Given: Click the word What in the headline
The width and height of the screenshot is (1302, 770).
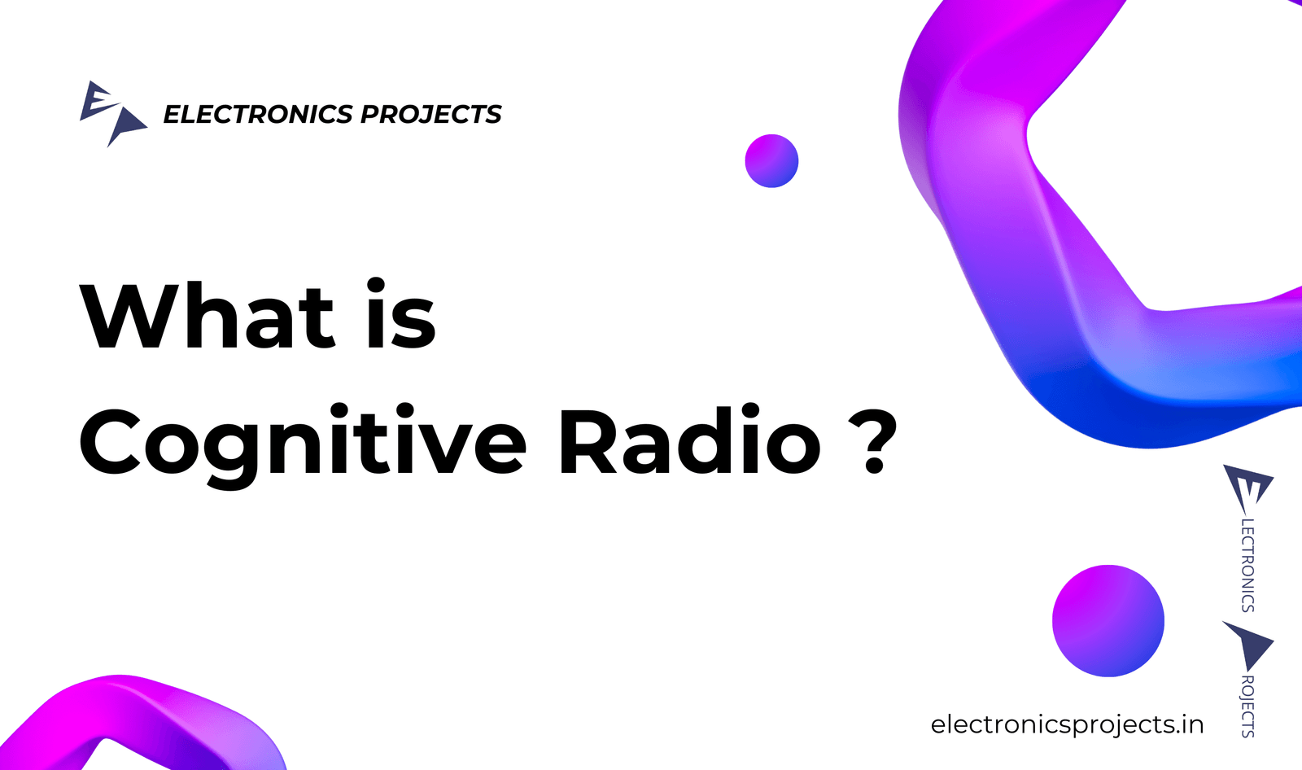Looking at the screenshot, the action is coord(207,315).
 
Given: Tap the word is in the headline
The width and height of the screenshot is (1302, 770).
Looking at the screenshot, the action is coord(401,313).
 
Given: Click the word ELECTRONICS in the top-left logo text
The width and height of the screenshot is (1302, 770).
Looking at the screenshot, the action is coord(258,114).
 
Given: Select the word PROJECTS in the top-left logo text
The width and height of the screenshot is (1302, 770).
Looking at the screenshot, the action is coord(430,114).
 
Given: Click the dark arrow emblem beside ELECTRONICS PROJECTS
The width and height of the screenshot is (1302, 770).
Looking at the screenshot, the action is coord(126,125).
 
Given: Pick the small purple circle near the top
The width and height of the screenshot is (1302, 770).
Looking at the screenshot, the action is coord(771,161).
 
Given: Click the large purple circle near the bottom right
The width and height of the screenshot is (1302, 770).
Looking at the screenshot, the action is coord(1108,620).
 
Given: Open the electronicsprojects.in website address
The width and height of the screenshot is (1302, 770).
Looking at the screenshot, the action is coord(1067,724).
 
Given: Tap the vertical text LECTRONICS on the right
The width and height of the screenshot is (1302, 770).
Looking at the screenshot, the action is coord(1247,565).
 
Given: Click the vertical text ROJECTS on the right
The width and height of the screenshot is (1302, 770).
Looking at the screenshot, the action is coord(1247,707).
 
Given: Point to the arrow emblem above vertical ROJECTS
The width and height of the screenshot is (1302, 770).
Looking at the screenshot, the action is coord(1250,645).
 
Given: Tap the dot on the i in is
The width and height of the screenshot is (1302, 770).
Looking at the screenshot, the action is coord(376,286).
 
